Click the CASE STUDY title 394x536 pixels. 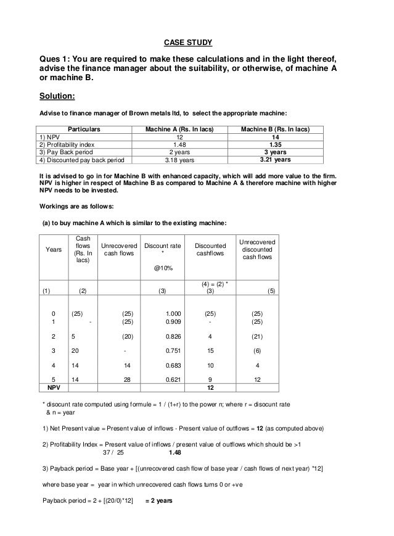(187, 43)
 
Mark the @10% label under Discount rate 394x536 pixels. (163, 268)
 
